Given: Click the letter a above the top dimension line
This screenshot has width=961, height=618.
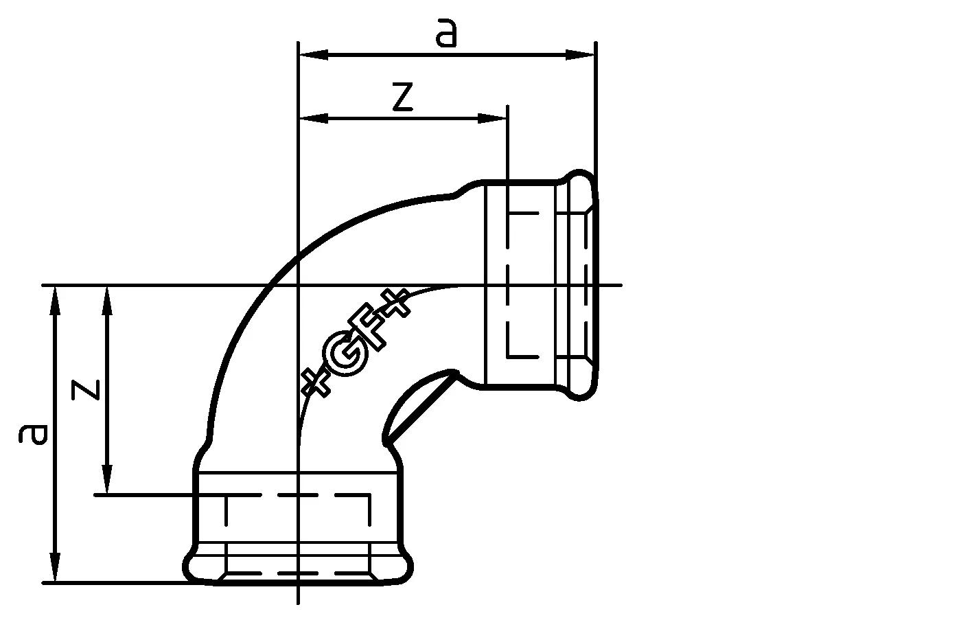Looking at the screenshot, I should click(x=446, y=34).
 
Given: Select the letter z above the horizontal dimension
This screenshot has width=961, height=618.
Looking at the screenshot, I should click(x=402, y=98).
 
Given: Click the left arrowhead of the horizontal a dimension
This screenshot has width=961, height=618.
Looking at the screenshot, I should click(x=312, y=54).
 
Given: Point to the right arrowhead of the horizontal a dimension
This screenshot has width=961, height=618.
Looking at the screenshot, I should click(x=580, y=54).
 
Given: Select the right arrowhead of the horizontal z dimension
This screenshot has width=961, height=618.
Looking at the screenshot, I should click(x=493, y=118).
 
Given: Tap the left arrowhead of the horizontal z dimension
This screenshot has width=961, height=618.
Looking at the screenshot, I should click(x=312, y=118).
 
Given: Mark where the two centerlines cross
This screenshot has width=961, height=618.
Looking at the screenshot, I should click(x=298, y=284).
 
